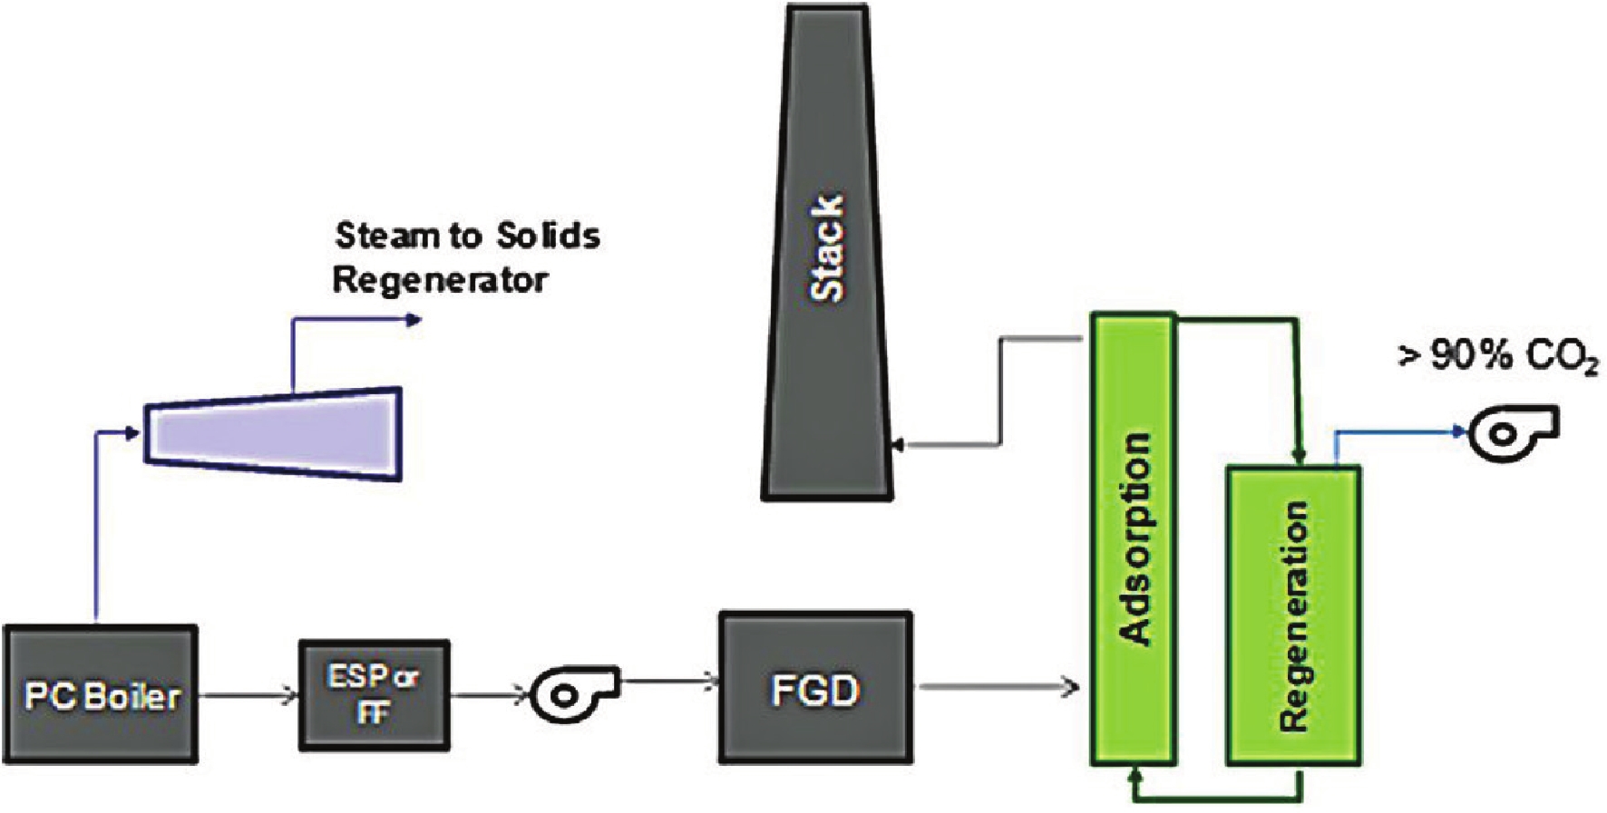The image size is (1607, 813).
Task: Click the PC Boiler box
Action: tap(100, 694)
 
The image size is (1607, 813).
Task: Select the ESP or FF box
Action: tap(374, 695)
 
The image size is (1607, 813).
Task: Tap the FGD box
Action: tap(815, 688)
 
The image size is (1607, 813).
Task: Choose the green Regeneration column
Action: tap(1293, 616)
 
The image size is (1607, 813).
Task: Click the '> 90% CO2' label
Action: tap(1497, 357)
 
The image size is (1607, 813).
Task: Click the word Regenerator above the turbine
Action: tap(441, 280)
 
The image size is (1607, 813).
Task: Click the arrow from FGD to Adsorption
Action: tap(998, 688)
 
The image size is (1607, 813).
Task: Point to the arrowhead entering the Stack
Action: tap(897, 445)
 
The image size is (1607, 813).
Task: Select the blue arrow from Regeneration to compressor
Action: tap(1397, 431)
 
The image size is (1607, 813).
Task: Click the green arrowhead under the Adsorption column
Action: tap(1135, 776)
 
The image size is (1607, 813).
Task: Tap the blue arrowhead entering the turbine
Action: tap(133, 433)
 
